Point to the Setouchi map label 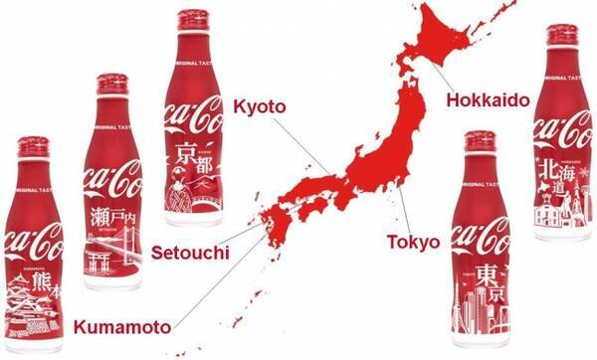(x=189, y=254)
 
